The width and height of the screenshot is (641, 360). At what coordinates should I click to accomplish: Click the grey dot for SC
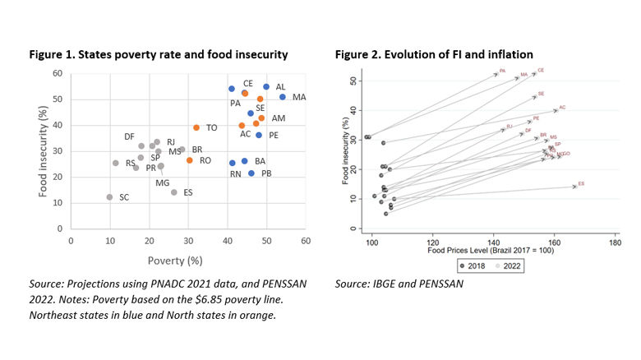(109, 197)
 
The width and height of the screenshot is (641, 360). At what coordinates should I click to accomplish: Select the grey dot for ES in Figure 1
(174, 192)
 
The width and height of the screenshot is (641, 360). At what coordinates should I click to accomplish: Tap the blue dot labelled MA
(283, 97)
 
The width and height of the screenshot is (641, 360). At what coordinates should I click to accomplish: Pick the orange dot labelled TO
(196, 127)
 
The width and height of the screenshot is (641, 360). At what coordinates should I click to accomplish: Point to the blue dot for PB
(251, 173)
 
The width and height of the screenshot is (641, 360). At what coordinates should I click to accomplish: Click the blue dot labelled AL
(266, 86)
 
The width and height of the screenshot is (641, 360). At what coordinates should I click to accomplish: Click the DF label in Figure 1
(129, 136)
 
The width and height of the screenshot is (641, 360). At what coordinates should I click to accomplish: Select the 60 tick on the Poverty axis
(306, 241)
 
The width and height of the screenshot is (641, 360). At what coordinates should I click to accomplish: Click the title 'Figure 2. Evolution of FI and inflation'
(434, 54)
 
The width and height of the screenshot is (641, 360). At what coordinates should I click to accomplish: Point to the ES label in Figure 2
(581, 183)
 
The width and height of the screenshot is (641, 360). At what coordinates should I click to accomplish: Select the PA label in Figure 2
(502, 72)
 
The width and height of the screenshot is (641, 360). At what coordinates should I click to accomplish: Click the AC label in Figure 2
(562, 108)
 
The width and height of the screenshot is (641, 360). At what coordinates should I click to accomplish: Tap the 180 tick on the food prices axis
(614, 243)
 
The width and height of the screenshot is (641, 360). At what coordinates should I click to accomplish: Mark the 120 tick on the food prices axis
(432, 243)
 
